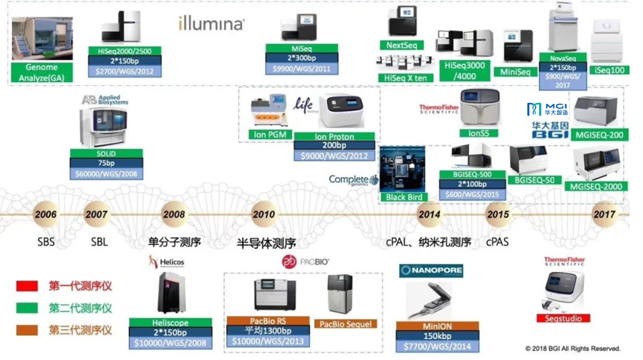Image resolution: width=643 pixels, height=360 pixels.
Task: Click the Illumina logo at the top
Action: [x=211, y=23]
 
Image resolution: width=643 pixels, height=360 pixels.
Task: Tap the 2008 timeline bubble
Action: [x=173, y=214]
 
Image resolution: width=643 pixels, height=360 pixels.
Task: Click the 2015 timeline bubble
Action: [x=497, y=214]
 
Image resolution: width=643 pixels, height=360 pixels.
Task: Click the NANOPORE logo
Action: [x=431, y=270]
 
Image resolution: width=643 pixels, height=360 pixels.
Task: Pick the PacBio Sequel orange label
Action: [x=346, y=324]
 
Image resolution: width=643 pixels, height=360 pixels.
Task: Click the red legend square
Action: [x=26, y=286]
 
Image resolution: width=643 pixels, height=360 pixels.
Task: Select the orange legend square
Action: [x=26, y=329]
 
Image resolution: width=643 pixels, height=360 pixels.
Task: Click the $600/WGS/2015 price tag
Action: [x=471, y=194]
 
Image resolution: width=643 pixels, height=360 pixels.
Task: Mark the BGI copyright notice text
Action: [x=572, y=349]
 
